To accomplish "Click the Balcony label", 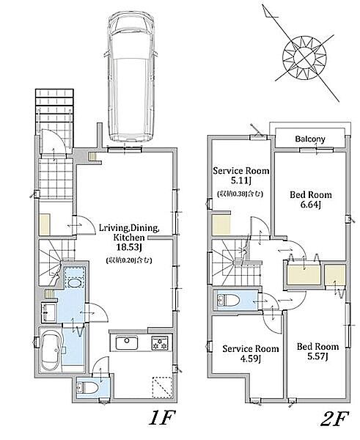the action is tap(310, 139).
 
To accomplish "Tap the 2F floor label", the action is tap(334, 419).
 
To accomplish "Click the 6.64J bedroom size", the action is tap(311, 205).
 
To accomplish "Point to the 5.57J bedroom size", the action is tap(317, 356).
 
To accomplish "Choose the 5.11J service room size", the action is tap(240, 180).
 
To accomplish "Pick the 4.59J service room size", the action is tap(250, 359).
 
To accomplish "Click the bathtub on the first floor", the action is tap(51, 350).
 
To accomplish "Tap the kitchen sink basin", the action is tap(127, 342).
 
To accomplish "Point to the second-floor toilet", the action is tap(228, 301).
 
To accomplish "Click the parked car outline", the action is tap(131, 76).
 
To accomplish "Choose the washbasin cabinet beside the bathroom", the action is tap(49, 312).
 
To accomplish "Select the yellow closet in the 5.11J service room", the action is tap(221, 225).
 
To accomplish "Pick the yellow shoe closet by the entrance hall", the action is tap(45, 224).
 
